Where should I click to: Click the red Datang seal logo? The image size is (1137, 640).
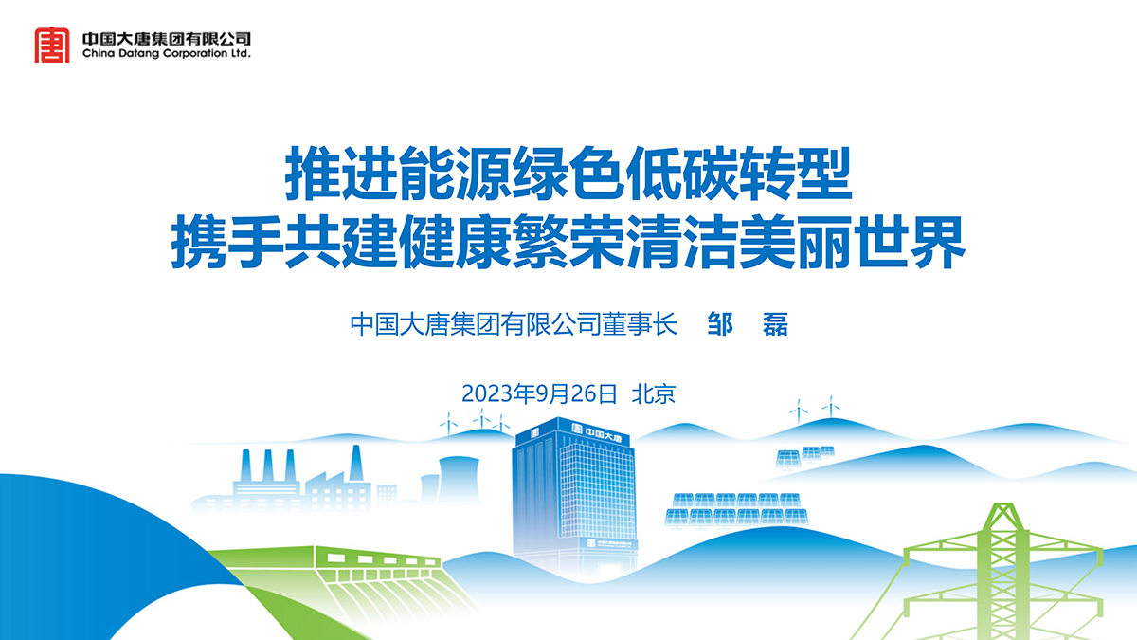click(52, 46)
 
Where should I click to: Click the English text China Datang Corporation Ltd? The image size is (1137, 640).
click(167, 53)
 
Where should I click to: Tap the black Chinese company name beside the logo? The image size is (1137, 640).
click(167, 39)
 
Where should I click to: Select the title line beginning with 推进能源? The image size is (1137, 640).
click(568, 174)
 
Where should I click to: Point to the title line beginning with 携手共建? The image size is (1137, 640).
click(568, 242)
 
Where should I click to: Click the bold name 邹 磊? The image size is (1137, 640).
click(748, 324)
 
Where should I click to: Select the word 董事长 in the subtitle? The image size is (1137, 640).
click(640, 324)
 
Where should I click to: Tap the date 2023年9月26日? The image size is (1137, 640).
click(539, 393)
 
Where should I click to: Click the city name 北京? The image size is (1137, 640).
click(654, 393)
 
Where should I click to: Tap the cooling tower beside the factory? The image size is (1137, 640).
click(459, 480)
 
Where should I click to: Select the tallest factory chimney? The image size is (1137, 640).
click(356, 463)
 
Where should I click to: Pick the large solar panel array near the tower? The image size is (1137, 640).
click(736, 509)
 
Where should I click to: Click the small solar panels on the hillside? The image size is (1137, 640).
click(805, 456)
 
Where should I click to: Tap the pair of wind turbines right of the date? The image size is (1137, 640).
click(815, 410)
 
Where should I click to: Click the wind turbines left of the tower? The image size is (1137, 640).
click(475, 422)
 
